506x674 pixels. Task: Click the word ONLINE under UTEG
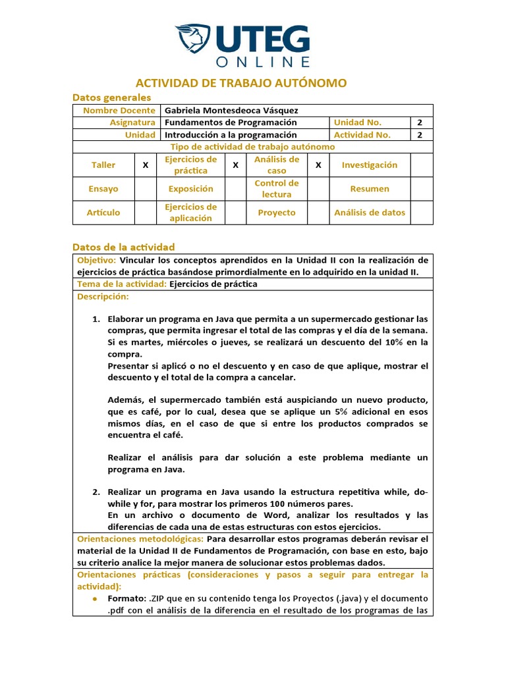263,61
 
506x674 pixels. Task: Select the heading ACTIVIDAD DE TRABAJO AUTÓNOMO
240,83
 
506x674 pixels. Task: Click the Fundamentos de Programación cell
231,122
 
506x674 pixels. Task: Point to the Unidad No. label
358,122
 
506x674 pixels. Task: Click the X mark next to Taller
145,165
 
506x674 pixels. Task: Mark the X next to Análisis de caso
318,165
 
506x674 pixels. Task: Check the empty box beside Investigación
422,165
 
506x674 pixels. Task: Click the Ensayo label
103,189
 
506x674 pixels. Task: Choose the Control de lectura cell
277,189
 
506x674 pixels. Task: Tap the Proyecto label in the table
277,213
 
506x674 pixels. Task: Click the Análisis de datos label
370,213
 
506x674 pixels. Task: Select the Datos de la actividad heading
123,247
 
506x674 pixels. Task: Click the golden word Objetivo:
96,260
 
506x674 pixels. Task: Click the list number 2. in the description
96,492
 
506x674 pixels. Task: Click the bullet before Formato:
96,598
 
